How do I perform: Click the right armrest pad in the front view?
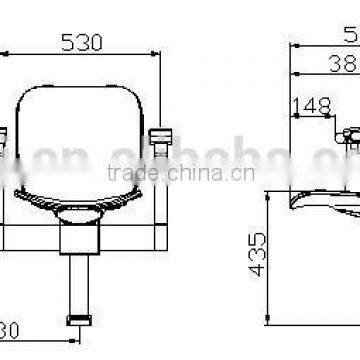[x=159, y=135]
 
